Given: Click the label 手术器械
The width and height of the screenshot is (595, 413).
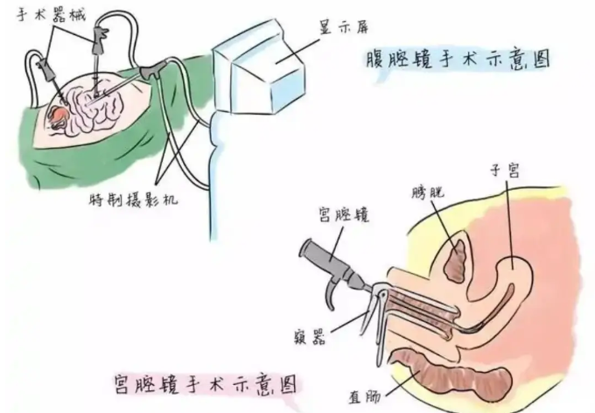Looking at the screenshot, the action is pyautogui.click(x=52, y=14).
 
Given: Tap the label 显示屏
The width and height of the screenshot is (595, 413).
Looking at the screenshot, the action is pyautogui.click(x=343, y=27).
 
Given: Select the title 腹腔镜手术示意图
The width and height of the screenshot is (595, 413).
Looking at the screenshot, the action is pyautogui.click(x=458, y=60).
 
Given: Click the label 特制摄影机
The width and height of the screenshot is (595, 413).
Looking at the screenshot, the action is pyautogui.click(x=134, y=199).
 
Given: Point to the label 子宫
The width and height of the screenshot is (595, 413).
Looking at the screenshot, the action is pyautogui.click(x=505, y=171).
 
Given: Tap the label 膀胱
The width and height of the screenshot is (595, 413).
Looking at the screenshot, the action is pyautogui.click(x=428, y=192).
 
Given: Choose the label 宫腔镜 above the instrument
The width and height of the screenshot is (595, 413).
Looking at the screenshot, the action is pyautogui.click(x=344, y=215).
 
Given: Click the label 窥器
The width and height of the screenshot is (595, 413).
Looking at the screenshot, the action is pyautogui.click(x=311, y=336).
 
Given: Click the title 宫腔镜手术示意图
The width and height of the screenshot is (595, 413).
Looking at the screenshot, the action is pyautogui.click(x=206, y=383).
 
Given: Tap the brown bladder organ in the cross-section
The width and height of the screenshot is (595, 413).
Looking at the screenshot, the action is pyautogui.click(x=455, y=261).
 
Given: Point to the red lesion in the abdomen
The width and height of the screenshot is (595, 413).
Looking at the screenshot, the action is pyautogui.click(x=59, y=115).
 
